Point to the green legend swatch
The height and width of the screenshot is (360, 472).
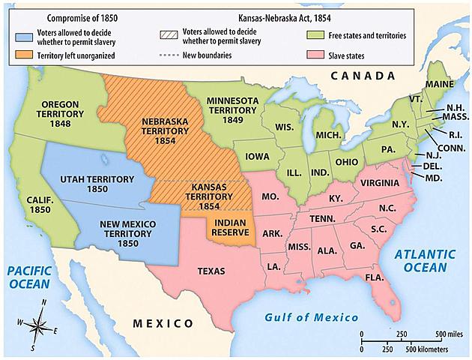tap(315, 35)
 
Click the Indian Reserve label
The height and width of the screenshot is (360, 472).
tap(232, 228)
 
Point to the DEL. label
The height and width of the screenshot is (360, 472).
tap(432, 166)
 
